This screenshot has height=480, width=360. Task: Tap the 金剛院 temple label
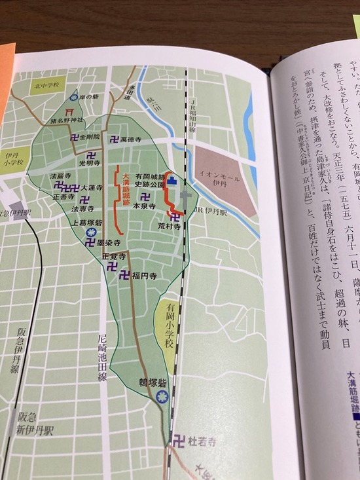[x=88, y=138]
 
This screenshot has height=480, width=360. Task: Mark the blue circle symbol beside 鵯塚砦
[x=163, y=396]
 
